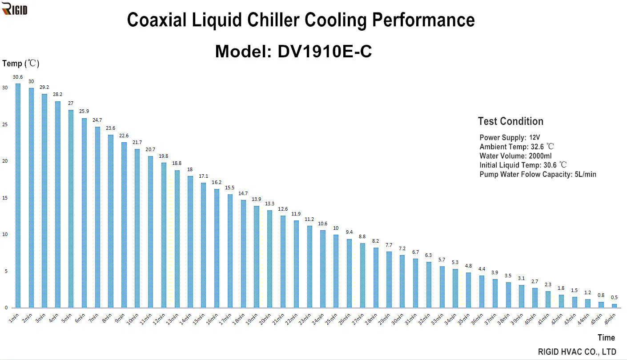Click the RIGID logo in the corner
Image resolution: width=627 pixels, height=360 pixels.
[15, 8]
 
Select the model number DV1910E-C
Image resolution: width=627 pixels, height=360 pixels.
[325, 52]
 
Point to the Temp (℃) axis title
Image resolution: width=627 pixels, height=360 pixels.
[21, 64]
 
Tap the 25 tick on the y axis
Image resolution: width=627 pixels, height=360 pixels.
[5, 124]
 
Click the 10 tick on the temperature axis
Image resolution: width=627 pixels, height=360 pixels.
[5, 234]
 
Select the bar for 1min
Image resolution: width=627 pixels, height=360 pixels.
[18, 196]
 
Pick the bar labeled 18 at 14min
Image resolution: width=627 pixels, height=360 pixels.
[190, 242]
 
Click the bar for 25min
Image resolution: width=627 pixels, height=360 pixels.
[336, 271]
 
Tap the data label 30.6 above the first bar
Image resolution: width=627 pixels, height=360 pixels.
[18, 77]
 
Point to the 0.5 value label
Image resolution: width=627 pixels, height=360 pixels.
[614, 297]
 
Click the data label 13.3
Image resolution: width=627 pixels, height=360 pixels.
[269, 204]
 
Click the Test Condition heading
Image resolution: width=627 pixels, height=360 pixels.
[510, 121]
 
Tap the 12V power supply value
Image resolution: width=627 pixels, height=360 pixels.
[535, 138]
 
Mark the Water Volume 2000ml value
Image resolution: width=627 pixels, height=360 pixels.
[540, 156]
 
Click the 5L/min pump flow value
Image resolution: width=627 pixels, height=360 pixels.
[585, 174]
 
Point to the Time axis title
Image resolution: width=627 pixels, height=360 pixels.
[606, 337]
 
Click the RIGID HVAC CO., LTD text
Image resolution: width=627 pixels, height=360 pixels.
[577, 352]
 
